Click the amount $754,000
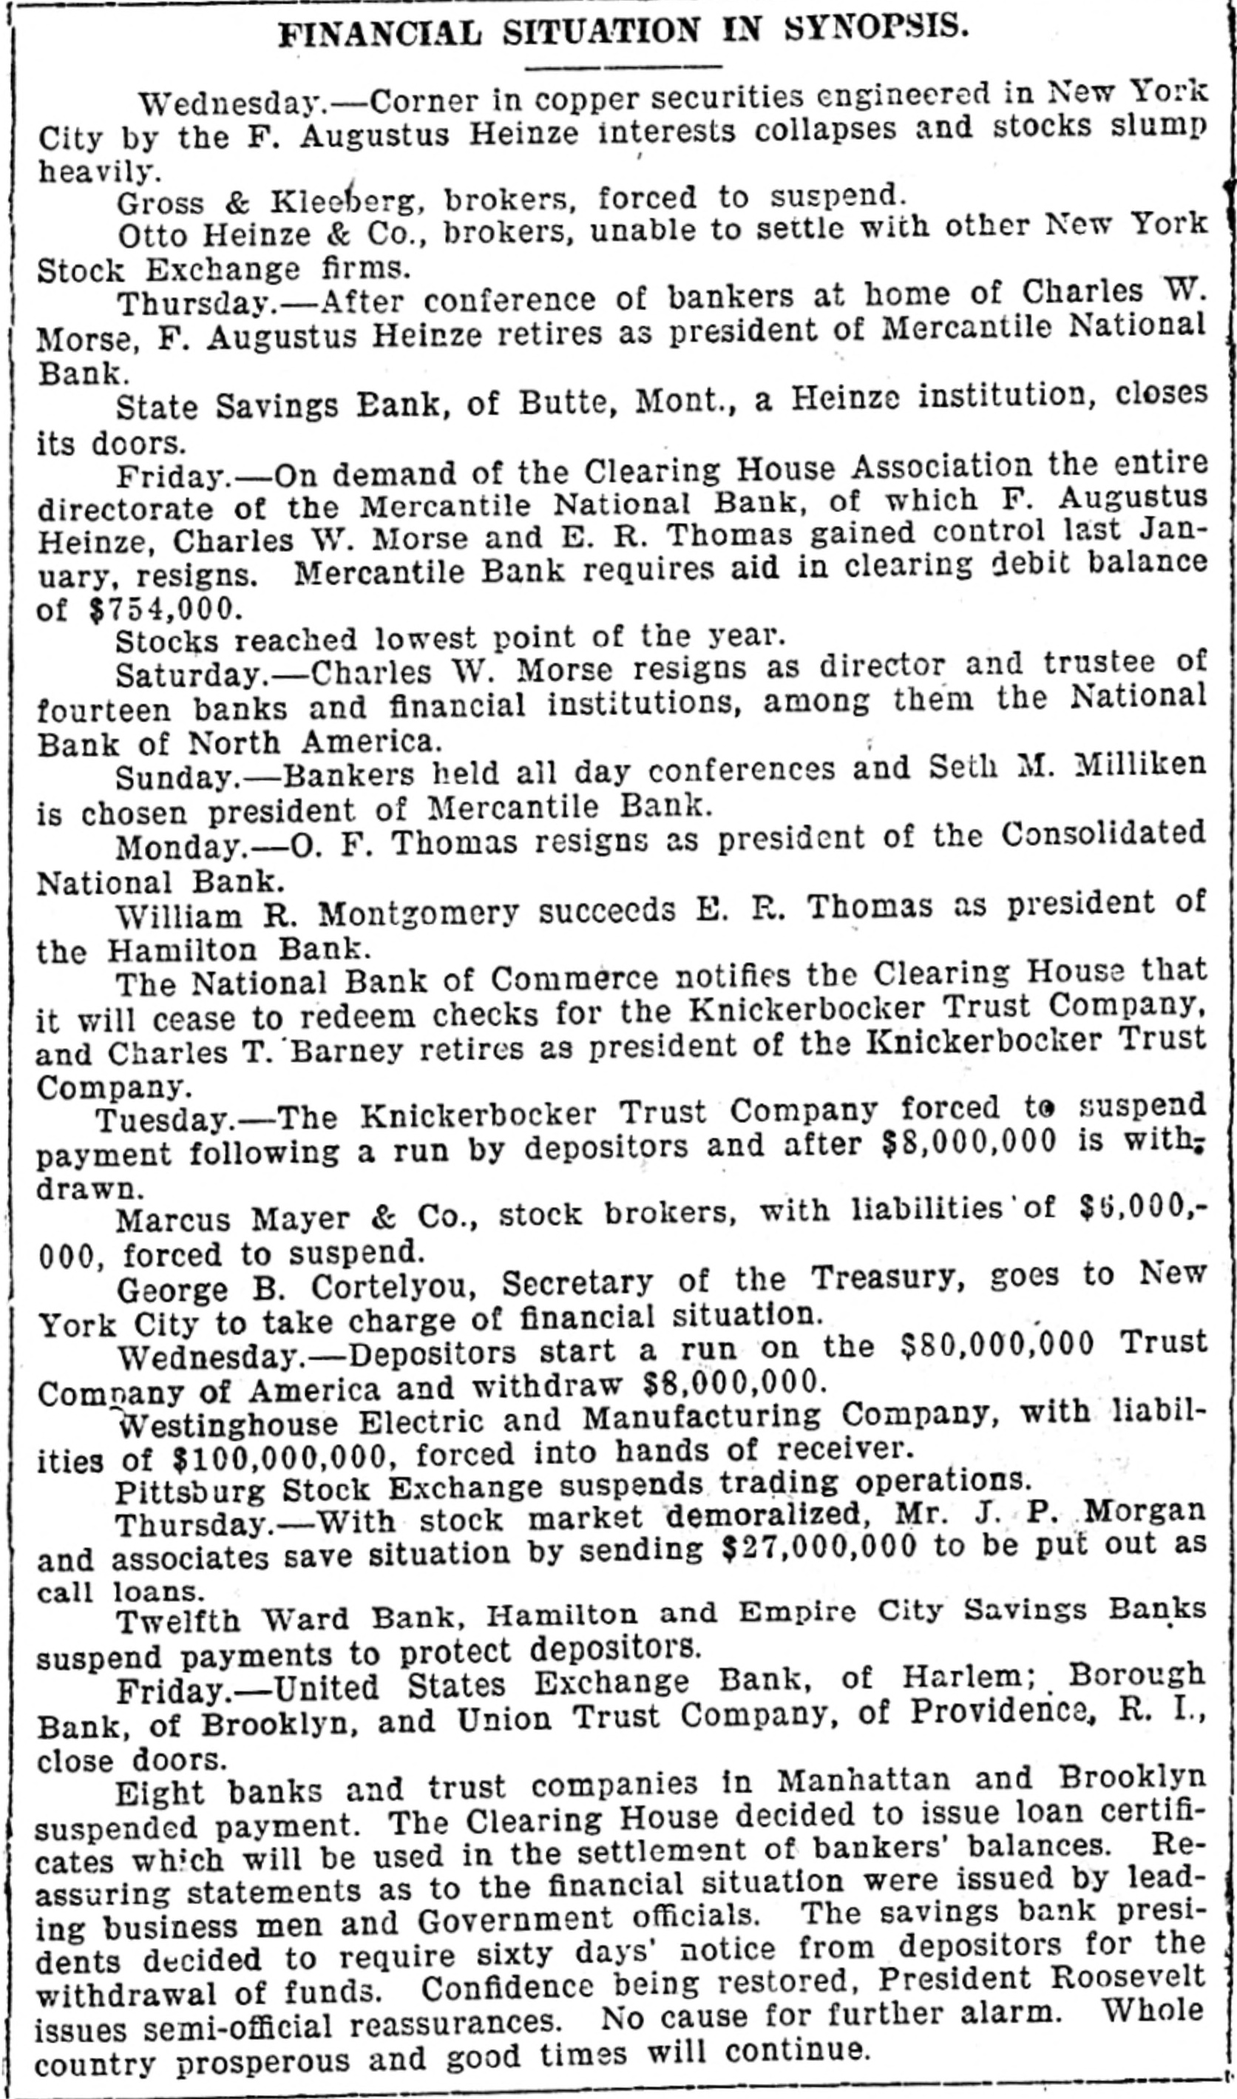click(165, 609)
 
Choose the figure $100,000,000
click(280, 1457)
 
